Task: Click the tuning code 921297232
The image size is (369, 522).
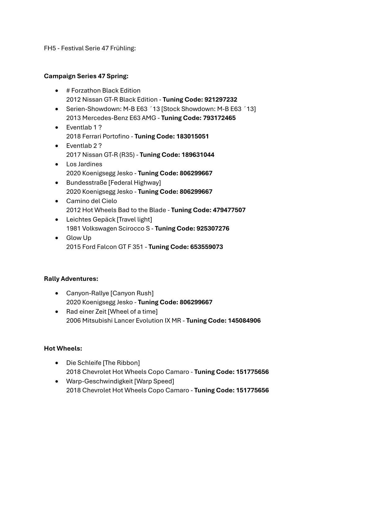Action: [x=221, y=100]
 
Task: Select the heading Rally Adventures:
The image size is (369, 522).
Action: [x=71, y=279]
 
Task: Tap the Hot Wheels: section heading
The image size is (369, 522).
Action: [x=63, y=348]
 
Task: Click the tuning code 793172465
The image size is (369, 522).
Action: [x=219, y=118]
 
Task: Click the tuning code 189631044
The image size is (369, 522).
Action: [x=198, y=155]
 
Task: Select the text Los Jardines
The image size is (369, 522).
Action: [x=84, y=164]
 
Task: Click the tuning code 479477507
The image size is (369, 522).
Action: [x=229, y=210]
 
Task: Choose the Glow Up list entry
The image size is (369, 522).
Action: [x=79, y=238]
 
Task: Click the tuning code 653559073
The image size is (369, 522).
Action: [x=207, y=247]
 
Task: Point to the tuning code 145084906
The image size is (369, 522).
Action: [x=244, y=321]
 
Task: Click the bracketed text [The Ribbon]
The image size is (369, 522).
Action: [x=121, y=363]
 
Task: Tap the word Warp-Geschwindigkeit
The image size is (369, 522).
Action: [x=99, y=381]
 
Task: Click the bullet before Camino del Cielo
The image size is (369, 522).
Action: [x=56, y=201]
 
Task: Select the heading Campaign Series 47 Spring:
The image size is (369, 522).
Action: [x=86, y=76]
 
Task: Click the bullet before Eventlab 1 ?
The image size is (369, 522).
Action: [x=56, y=127]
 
